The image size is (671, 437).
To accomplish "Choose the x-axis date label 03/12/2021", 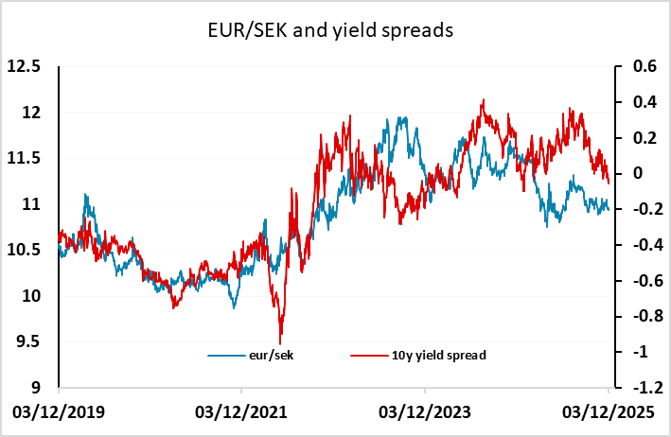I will pos(241,413).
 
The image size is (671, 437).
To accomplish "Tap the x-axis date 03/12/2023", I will pos(425,413).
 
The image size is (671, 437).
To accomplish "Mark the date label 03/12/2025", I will pos(607,413).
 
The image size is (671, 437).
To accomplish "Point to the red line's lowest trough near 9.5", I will pos(280,342).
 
